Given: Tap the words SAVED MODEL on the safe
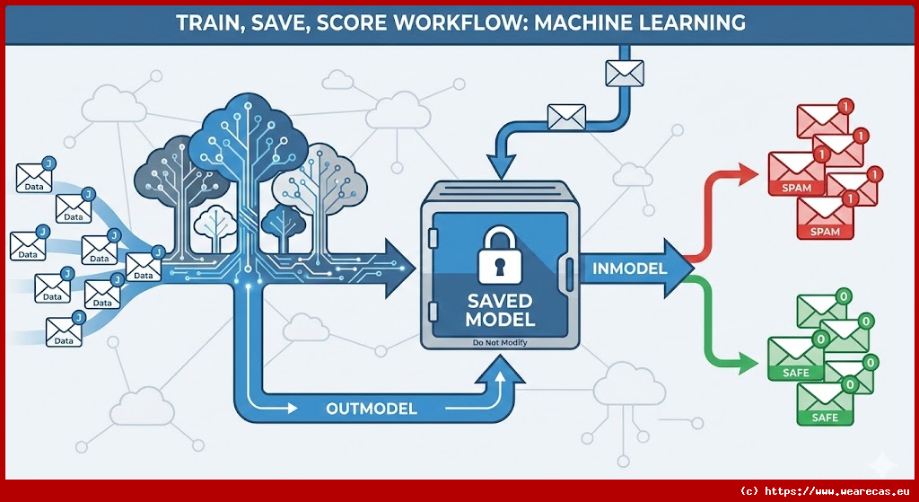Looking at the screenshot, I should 501,309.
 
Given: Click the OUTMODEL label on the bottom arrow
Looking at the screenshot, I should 371,409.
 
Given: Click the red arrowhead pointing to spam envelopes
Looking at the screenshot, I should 748,173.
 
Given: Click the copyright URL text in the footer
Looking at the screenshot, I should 826,491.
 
